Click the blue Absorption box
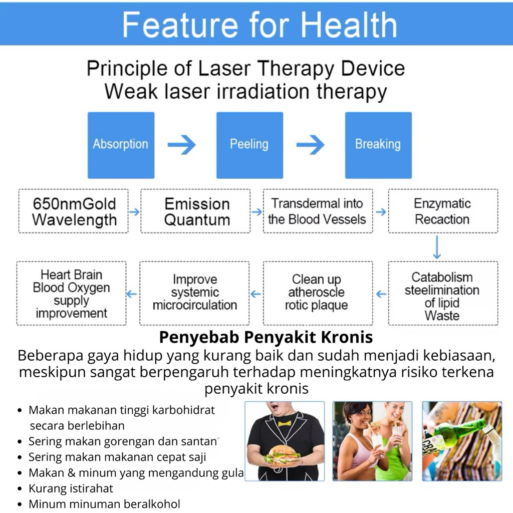tap(121, 145)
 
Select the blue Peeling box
tap(249, 145)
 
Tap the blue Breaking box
tap(379, 145)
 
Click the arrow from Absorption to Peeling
tap(181, 145)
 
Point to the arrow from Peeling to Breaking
tap(310, 145)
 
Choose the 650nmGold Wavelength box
tap(73, 211)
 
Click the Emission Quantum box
tap(196, 211)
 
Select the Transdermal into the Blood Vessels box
tap(318, 211)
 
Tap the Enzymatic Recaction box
tap(443, 211)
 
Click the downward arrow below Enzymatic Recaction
tap(437, 247)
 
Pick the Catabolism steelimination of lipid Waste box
tap(443, 293)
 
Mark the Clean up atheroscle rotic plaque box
tap(318, 293)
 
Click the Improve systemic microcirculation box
tap(194, 293)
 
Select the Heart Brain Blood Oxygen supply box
tap(71, 293)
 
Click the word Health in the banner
tap(349, 25)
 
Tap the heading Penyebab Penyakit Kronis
tap(266, 337)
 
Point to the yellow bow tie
tap(285, 424)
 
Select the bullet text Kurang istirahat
tap(71, 488)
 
